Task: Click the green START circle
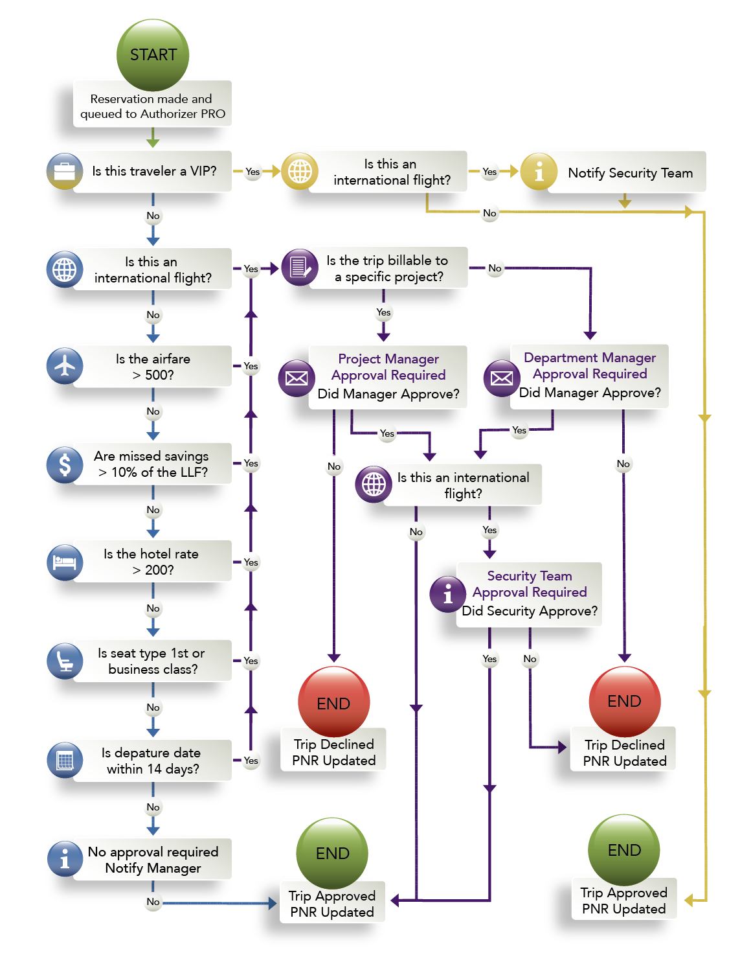152,54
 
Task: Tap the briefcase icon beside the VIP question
65,171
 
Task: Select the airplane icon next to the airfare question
65,366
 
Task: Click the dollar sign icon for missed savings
65,465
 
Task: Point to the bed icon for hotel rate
65,562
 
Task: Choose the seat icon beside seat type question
65,661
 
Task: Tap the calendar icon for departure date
65,760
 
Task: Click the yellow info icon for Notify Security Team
539,171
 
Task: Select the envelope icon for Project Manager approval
297,378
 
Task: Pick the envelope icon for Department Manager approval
502,378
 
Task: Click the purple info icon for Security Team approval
448,594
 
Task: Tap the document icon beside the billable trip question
300,267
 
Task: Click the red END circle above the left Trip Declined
333,702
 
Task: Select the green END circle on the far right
624,850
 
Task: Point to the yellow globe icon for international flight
300,171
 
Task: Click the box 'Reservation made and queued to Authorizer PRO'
152,106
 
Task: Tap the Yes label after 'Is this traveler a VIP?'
252,172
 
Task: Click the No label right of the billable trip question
495,268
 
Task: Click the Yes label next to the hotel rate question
251,562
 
